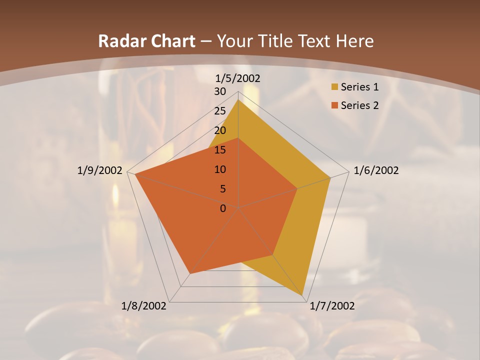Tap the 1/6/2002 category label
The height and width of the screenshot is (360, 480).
[376, 170]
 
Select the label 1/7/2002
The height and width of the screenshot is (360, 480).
[332, 306]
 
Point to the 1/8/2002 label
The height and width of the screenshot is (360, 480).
[144, 306]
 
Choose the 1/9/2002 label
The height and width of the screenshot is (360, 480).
[100, 170]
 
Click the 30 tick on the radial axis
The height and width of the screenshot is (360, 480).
[220, 91]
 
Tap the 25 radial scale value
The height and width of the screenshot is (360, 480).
[220, 111]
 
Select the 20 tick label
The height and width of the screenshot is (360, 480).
[220, 130]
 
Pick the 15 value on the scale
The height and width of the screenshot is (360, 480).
[220, 150]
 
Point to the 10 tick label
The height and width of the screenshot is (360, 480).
[220, 169]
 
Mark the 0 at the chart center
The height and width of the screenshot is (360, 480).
[223, 208]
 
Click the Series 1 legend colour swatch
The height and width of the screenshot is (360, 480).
[334, 87]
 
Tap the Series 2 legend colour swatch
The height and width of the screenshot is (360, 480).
[334, 105]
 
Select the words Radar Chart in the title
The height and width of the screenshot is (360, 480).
[146, 41]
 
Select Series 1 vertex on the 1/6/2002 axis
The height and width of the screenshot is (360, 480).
[330, 177]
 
